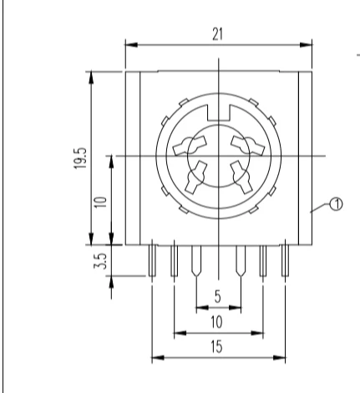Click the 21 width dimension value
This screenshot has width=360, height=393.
[x=218, y=34]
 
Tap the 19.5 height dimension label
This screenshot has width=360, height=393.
[x=80, y=158]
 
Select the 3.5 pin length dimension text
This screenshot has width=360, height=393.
[x=100, y=261]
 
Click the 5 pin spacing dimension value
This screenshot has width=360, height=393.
[x=218, y=296]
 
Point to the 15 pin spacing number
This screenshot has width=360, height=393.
[x=216, y=347]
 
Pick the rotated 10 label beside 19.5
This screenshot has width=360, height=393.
[x=100, y=202]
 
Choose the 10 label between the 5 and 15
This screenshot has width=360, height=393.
[x=216, y=322]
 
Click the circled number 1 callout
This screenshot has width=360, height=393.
[x=336, y=204]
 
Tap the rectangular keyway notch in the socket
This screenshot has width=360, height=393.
[x=219, y=113]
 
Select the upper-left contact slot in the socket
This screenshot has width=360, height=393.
[x=190, y=145]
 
